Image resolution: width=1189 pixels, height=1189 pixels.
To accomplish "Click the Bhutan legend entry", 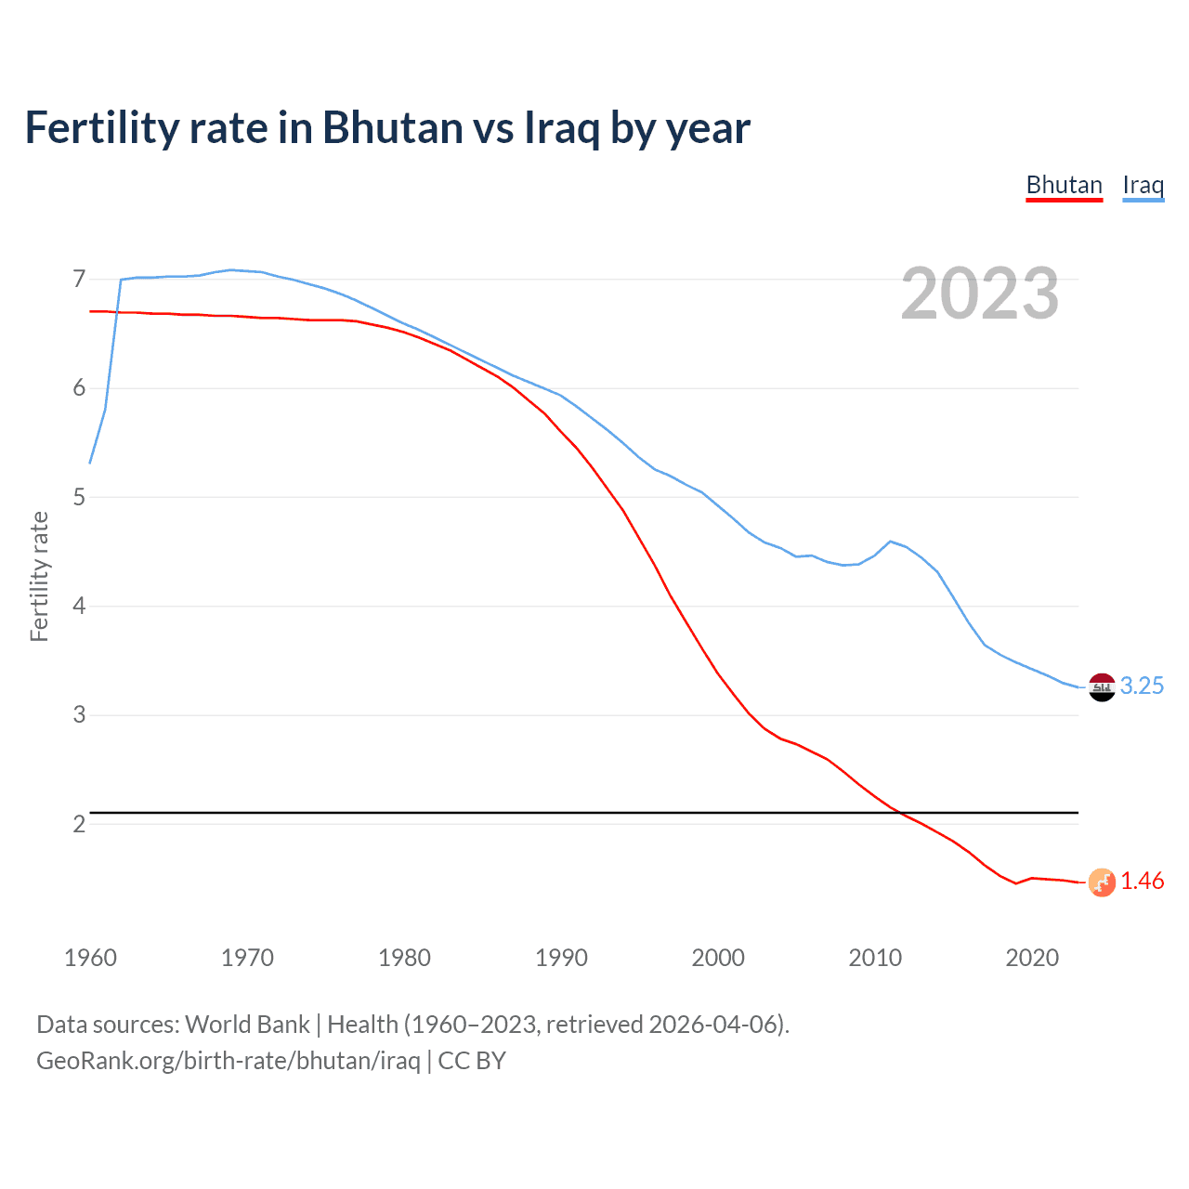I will click(x=1064, y=186).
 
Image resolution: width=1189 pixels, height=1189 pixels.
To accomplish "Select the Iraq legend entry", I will click(x=1143, y=186).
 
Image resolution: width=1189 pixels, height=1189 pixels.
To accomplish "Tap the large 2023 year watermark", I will click(x=980, y=294).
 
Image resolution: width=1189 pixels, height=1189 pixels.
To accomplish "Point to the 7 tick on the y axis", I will click(x=79, y=280).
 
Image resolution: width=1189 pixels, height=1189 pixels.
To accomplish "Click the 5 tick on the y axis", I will click(x=79, y=498).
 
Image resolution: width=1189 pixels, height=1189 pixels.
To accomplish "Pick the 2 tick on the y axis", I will click(x=79, y=824).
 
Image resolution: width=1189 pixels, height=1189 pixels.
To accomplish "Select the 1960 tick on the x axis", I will click(x=90, y=958).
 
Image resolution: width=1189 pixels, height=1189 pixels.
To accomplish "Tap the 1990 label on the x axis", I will click(x=561, y=958).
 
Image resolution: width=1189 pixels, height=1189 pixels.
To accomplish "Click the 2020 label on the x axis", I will click(x=1032, y=958).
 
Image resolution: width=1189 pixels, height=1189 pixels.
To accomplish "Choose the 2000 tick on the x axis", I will click(x=718, y=958).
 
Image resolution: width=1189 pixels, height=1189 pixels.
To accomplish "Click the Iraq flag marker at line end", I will click(x=1102, y=687).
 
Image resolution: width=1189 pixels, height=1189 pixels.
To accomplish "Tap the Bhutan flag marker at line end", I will click(x=1102, y=882).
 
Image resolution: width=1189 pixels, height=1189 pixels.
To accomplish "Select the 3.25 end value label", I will click(x=1142, y=686).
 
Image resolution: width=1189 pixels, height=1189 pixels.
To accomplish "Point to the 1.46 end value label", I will click(x=1142, y=882).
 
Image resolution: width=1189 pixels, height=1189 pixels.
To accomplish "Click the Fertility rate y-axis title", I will click(x=39, y=576).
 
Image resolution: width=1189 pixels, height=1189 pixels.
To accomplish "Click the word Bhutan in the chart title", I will click(x=393, y=128).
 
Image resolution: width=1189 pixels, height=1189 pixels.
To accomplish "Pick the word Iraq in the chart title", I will click(x=562, y=128).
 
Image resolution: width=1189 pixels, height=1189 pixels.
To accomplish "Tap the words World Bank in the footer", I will click(x=247, y=1025).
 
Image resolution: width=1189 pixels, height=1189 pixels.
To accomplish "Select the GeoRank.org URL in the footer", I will click(x=228, y=1061).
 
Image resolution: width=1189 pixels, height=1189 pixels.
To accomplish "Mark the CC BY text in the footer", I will click(x=472, y=1061).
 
